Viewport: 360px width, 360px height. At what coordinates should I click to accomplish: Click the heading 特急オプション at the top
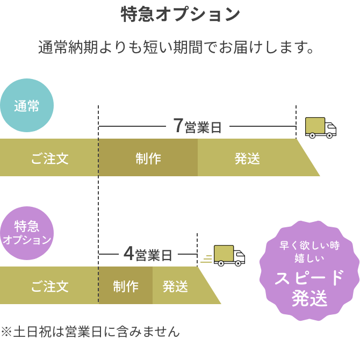180,15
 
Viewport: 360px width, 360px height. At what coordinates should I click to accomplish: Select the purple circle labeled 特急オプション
26,233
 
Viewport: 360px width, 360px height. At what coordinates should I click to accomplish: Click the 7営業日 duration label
197,127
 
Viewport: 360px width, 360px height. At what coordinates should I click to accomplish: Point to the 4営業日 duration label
148,254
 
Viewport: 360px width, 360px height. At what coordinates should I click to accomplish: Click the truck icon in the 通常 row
320,127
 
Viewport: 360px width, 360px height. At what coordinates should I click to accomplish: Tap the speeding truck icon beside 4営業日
229,255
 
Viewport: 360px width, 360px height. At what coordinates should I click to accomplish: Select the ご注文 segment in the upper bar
49,158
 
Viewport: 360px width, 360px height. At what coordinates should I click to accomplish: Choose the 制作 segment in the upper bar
148,158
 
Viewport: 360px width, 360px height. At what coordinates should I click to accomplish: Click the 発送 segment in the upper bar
247,158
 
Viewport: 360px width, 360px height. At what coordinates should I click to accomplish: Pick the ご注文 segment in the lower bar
49,286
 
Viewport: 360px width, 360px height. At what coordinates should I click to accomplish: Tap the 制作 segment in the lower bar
126,286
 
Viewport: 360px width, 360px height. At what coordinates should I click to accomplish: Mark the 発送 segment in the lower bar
175,286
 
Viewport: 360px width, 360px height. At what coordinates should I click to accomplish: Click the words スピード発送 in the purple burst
309,288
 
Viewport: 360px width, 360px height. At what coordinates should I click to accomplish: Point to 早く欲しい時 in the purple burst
309,246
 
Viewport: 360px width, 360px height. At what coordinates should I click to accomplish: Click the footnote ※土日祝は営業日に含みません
90,332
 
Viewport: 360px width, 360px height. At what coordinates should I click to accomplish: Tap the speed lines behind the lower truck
207,259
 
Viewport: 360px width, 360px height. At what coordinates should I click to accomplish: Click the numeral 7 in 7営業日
178,126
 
